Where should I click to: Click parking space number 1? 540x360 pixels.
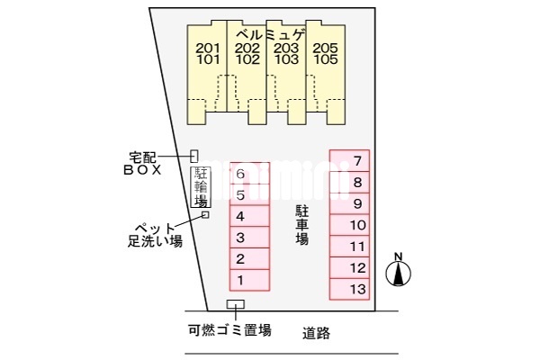coord(249,280)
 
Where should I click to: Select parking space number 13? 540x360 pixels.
coord(349,289)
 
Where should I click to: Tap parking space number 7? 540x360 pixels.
coord(349,160)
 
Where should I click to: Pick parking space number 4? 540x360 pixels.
coord(249,216)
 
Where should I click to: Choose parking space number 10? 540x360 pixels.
coord(349,225)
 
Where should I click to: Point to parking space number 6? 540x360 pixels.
coord(249,174)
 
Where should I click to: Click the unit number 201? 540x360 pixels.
coord(208,49)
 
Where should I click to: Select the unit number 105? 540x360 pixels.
coord(326,59)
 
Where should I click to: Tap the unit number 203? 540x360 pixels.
coord(286,49)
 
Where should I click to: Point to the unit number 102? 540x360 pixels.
coord(247,59)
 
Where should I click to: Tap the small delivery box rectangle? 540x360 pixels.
coord(194,156)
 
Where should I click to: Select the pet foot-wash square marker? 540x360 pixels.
coord(205,214)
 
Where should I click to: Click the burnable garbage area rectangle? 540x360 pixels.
coord(236,304)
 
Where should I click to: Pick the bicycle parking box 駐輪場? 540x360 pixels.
coord(201,187)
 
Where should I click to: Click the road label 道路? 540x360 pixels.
coord(316,333)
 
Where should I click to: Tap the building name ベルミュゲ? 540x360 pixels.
coord(271,35)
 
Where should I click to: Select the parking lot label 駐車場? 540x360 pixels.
coord(302,225)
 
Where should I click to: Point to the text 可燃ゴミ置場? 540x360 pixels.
coord(229,330)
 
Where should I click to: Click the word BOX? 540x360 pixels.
coord(142,170)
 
